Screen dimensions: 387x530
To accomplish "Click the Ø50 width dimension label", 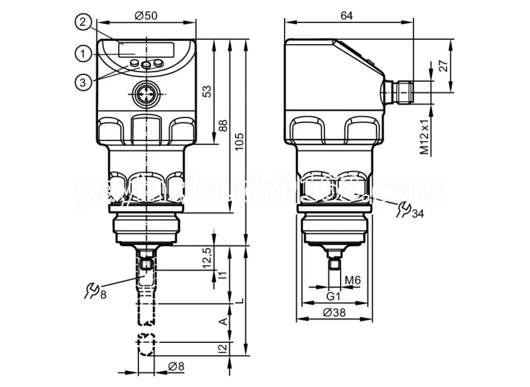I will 146,15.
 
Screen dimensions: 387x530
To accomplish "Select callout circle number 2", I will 83,22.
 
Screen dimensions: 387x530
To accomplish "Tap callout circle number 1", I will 83,53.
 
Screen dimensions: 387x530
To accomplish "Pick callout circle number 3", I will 83,82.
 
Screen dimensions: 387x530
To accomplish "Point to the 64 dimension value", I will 346,15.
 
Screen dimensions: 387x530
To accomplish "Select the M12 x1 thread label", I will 425,137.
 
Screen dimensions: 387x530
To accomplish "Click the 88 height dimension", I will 222,125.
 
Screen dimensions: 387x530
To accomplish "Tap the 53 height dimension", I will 206,90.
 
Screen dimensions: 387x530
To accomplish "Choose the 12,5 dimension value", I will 207,258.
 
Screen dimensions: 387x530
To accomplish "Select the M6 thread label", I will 353,280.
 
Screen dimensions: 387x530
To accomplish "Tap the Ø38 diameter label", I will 334,313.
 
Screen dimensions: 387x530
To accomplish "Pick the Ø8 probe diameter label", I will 176,366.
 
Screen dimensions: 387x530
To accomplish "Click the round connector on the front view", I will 146,94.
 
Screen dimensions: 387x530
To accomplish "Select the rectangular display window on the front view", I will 146,49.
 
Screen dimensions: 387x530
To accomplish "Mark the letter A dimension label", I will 223,322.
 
